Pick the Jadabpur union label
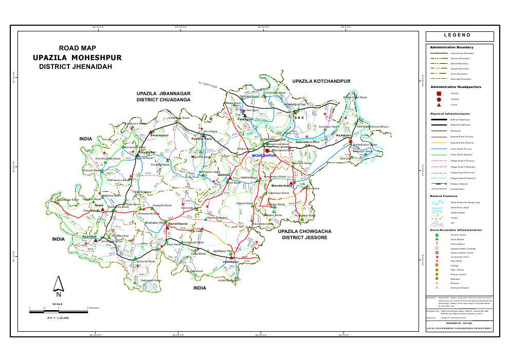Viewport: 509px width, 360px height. pos(231,261)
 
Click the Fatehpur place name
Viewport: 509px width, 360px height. pos(245,119)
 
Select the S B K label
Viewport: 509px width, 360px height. pos(299,117)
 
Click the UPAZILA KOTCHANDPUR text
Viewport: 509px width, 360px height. pos(321,81)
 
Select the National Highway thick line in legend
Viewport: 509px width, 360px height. pos(439,119)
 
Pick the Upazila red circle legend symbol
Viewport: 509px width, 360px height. pos(439,99)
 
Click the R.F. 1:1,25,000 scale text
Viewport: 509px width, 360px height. pos(55,318)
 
